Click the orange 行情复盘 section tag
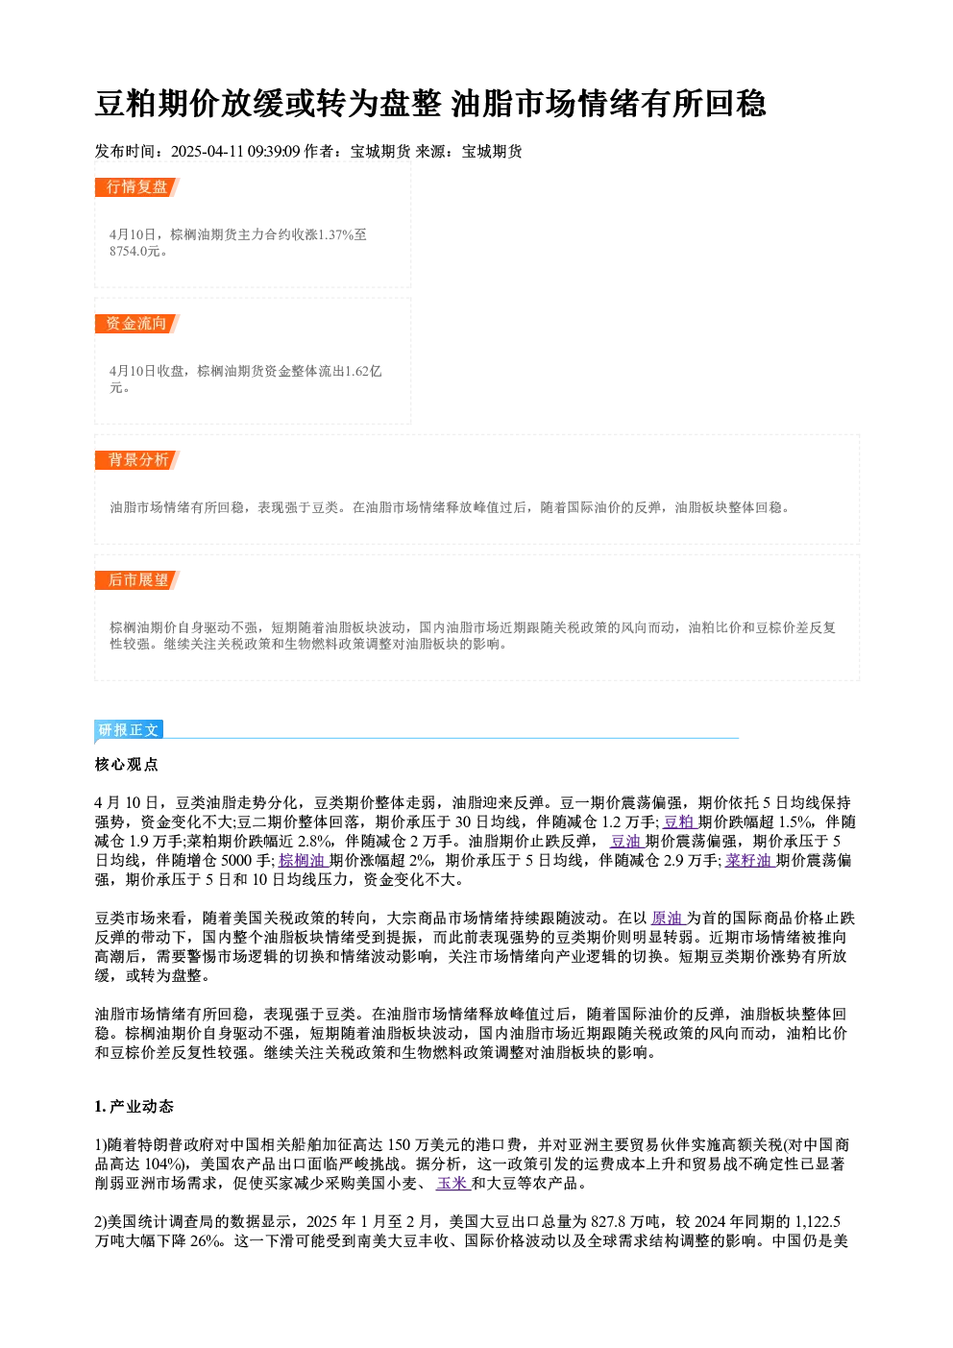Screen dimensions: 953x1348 click(x=137, y=187)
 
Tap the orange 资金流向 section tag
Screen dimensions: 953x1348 click(x=137, y=324)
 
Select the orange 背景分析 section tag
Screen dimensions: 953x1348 click(x=137, y=460)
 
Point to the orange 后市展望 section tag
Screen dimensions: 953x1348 click(x=137, y=580)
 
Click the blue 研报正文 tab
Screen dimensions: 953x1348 click(x=129, y=730)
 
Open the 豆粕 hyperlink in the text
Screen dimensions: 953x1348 click(x=680, y=822)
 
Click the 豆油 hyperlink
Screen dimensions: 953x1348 click(x=627, y=842)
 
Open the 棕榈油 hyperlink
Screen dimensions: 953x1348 click(x=303, y=861)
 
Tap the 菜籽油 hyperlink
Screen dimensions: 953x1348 click(x=749, y=861)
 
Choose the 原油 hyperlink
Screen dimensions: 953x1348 click(x=669, y=919)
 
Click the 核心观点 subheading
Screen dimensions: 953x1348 click(x=127, y=765)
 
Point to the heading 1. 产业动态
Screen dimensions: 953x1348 click(x=134, y=1107)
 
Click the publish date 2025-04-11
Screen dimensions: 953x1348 click(x=208, y=151)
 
